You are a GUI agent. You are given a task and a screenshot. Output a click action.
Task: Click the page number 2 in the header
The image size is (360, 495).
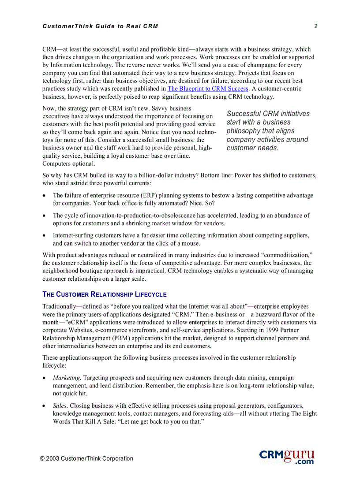coord(316,26)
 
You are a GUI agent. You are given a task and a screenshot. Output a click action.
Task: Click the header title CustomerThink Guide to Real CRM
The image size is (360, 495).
coord(100,26)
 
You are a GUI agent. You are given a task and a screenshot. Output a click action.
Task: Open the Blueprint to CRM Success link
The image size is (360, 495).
coord(208,89)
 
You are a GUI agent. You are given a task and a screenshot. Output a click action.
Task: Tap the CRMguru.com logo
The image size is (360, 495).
coord(287,456)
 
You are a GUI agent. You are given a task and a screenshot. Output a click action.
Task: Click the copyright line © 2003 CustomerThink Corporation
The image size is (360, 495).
coord(86,458)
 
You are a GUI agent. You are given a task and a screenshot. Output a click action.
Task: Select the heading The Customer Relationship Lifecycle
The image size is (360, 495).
coord(104,294)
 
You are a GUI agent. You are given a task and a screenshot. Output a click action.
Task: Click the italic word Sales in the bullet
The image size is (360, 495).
coord(60,406)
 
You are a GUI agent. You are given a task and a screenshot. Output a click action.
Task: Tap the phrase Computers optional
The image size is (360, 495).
coord(68,164)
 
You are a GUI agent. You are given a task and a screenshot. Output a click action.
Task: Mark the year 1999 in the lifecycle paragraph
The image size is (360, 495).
coord(265,330)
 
